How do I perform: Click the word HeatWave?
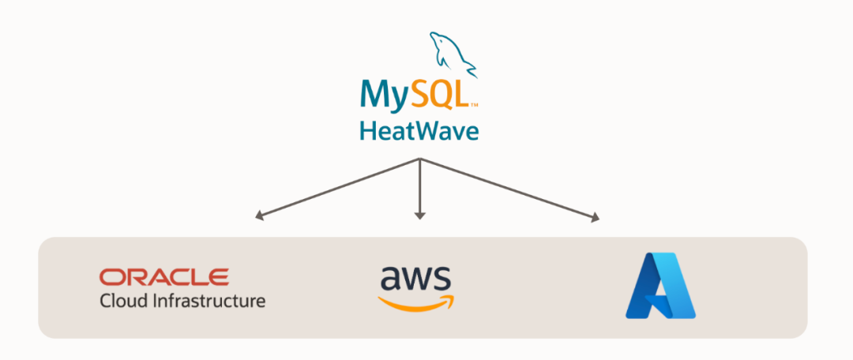pyautogui.click(x=419, y=130)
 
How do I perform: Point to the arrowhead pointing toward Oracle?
pyautogui.click(x=257, y=215)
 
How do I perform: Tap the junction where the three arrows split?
pyautogui.click(x=420, y=159)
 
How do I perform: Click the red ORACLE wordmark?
pyautogui.click(x=164, y=277)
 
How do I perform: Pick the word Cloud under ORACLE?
pyautogui.click(x=121, y=301)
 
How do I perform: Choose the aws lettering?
pyautogui.click(x=415, y=279)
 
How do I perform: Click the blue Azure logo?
pyautogui.click(x=660, y=286)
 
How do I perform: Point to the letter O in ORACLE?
pyautogui.click(x=111, y=277)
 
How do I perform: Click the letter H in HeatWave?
pyautogui.click(x=366, y=130)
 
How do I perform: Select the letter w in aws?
pyautogui.click(x=416, y=280)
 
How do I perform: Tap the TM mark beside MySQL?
pyautogui.click(x=474, y=104)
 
